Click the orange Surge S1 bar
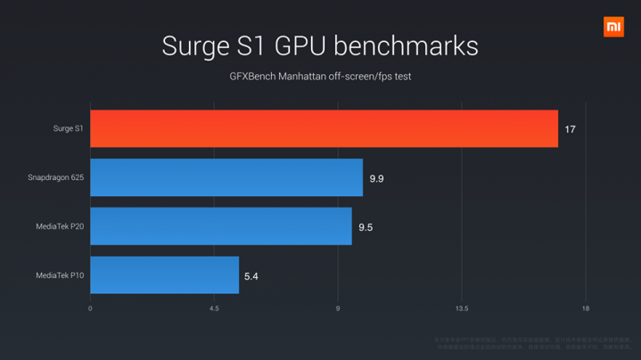pos(324,129)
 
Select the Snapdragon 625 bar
pos(226,177)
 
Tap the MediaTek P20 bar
pos(221,226)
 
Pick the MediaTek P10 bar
pos(165,275)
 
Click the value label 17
pos(570,130)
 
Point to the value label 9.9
pos(376,178)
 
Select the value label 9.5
pos(366,227)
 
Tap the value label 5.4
pos(251,276)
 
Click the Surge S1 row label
pos(68,129)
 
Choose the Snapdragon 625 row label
pos(56,178)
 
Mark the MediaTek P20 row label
pos(60,227)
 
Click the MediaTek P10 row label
pos(60,276)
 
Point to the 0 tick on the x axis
pos(90,309)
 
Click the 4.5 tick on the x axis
pos(214,309)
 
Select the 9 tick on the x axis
pos(338,309)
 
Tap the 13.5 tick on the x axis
pos(462,309)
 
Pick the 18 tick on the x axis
pos(586,309)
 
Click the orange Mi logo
pos(613,27)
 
